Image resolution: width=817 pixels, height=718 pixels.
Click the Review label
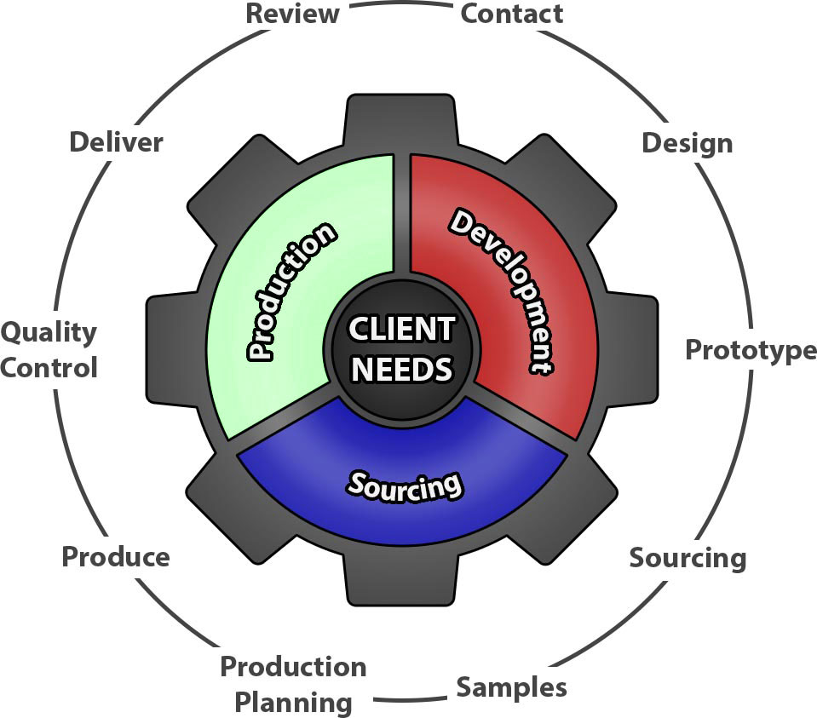tap(292, 14)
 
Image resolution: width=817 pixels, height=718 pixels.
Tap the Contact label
tap(511, 14)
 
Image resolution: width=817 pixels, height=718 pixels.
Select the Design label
tap(687, 142)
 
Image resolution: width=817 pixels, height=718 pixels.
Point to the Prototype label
tap(751, 350)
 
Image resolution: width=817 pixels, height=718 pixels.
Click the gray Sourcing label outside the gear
tap(688, 558)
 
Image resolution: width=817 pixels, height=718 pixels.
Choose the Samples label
tap(511, 686)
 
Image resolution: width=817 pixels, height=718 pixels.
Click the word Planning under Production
tap(293, 704)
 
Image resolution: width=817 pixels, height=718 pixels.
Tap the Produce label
tap(115, 557)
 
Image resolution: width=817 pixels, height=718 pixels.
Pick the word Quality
tap(49, 331)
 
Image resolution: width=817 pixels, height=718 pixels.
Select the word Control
tap(49, 368)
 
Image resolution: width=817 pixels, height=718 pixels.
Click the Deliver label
tap(116, 141)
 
